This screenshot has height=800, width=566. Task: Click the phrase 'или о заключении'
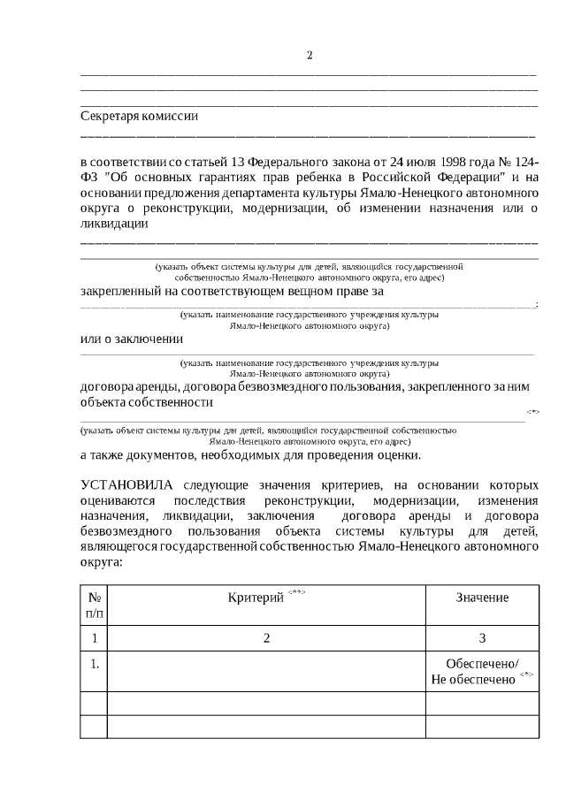pos(131,339)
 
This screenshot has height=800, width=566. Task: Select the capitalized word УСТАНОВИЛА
pos(129,485)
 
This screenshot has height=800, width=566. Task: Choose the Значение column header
pos(482,598)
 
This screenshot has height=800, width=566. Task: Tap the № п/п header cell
pos(94,605)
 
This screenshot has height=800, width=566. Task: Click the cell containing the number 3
pos(482,638)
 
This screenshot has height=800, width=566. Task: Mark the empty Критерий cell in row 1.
pos(266,672)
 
